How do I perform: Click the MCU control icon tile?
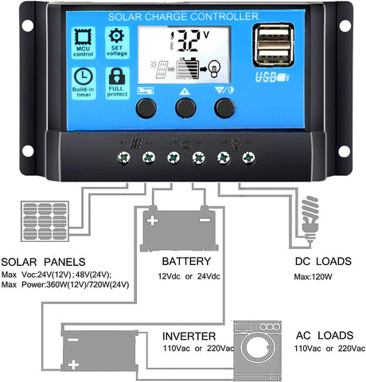tap(84, 42)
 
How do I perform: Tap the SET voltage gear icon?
tap(116, 36)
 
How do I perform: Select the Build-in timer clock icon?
tap(84, 76)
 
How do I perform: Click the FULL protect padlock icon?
tap(117, 76)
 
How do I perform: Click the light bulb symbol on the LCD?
tap(214, 68)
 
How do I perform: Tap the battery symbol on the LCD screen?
tap(188, 68)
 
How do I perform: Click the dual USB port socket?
tap(274, 45)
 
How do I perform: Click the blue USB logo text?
tap(272, 77)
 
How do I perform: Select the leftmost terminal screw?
tap(124, 158)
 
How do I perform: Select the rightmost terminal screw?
tap(248, 158)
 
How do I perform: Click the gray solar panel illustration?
tap(45, 221)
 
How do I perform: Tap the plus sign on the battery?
tap(153, 220)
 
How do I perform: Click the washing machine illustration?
tap(257, 351)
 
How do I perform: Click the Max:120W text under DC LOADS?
tap(313, 277)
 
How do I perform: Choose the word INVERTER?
tap(189, 337)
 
